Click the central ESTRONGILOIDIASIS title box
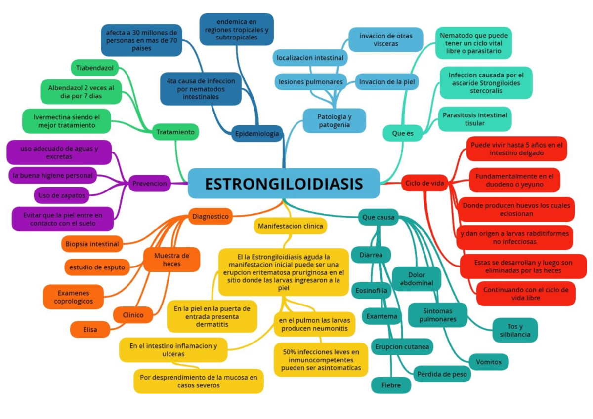tap(284, 184)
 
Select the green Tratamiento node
tap(175, 132)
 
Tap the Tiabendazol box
tap(95, 67)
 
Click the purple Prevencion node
tap(150, 184)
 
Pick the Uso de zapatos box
tap(62, 195)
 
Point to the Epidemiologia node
tap(257, 134)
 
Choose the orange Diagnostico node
tap(211, 216)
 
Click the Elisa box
tap(90, 329)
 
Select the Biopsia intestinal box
tap(92, 244)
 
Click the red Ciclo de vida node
tap(424, 183)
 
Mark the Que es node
tap(403, 133)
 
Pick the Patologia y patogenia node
tap(335, 120)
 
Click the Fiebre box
tap(391, 385)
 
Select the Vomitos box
tap(489, 362)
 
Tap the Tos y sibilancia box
tap(515, 330)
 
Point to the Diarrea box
tap(371, 255)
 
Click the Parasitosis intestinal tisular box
tap(474, 119)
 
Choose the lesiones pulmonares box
tap(310, 81)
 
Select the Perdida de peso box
tap(442, 374)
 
